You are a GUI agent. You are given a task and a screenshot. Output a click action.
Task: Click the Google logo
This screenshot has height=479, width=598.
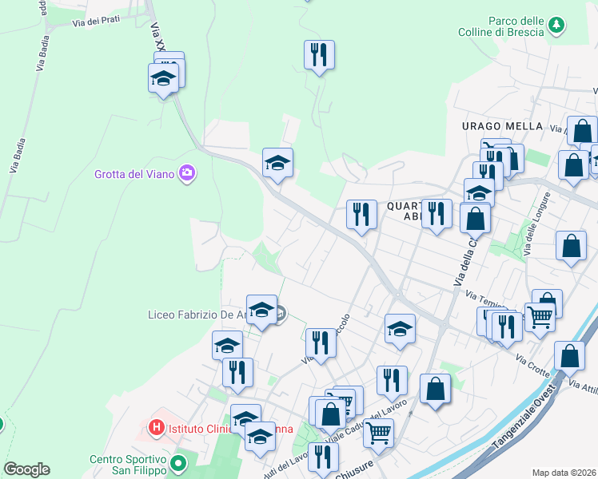(26, 469)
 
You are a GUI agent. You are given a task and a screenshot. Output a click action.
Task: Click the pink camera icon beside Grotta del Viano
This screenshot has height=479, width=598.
(187, 172)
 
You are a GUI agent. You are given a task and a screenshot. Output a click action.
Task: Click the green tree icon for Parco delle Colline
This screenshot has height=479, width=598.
(556, 26)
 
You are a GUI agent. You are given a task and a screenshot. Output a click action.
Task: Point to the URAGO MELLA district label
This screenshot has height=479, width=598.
(502, 126)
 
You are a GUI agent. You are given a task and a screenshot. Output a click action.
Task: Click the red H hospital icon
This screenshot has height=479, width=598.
(157, 428)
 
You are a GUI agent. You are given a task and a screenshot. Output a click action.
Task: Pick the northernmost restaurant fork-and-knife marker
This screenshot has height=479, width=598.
(319, 55)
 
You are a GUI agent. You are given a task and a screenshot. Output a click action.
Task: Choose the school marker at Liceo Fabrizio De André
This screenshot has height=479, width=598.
(261, 310)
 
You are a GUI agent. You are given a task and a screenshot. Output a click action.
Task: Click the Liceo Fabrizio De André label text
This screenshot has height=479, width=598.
(197, 315)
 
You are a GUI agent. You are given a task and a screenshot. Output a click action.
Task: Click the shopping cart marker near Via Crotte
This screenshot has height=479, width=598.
(540, 317)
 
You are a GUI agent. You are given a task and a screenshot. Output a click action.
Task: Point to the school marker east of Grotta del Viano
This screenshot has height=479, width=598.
(277, 163)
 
